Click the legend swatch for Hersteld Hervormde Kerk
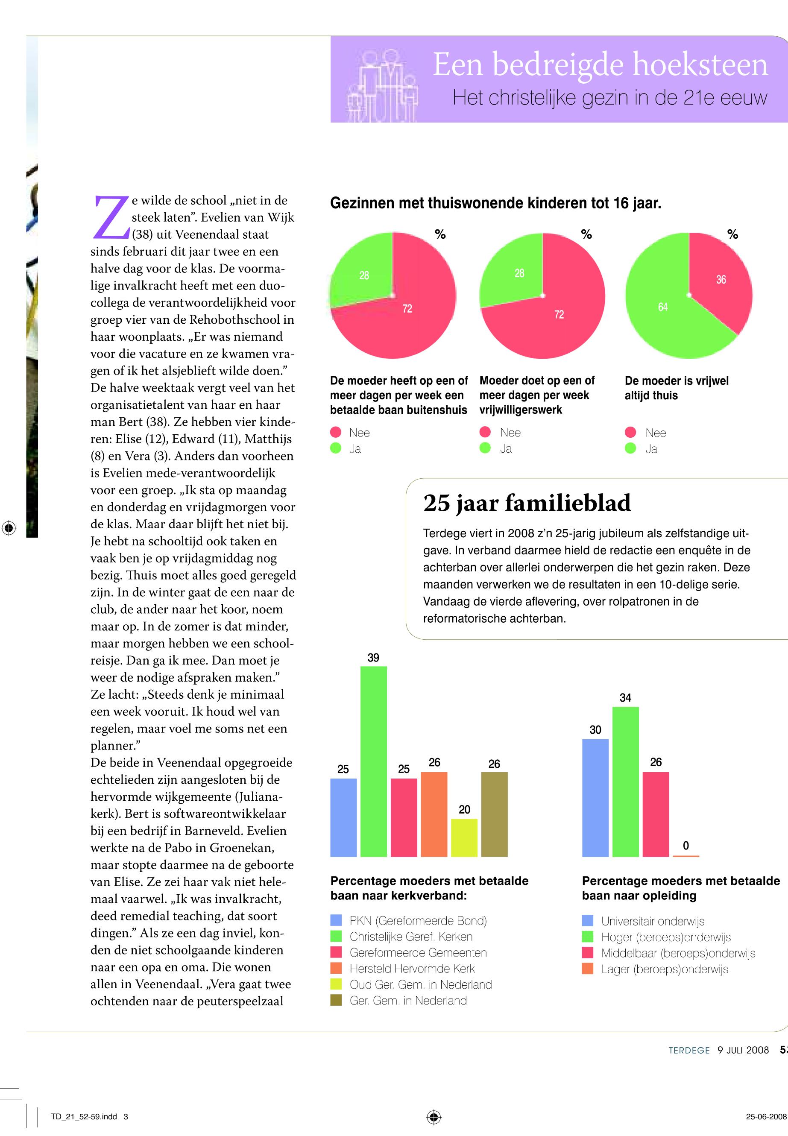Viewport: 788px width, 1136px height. click(x=336, y=968)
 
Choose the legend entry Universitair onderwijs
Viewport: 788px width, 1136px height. click(x=652, y=921)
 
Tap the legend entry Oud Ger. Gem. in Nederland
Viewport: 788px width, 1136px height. click(x=420, y=984)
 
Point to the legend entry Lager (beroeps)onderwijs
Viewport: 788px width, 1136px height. click(x=664, y=969)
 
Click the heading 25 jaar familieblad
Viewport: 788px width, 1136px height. click(x=526, y=503)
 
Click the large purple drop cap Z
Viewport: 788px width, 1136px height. click(x=111, y=216)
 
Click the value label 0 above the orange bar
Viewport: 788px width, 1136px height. click(x=685, y=846)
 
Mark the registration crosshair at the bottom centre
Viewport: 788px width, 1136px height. click(x=434, y=1117)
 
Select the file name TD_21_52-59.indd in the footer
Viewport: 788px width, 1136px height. click(x=83, y=1117)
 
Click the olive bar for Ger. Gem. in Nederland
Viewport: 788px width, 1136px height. click(x=494, y=814)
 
